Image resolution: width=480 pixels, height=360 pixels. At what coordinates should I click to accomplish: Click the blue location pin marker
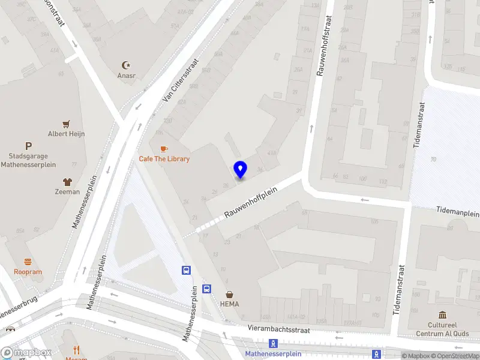[x=240, y=170]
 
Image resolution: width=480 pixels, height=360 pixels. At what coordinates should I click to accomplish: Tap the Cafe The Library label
[x=164, y=159]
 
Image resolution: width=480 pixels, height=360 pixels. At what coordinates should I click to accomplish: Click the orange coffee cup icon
[x=163, y=148]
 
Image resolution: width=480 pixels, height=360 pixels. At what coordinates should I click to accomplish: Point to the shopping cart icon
[x=66, y=124]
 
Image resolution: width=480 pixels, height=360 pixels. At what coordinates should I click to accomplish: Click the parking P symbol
[x=28, y=146]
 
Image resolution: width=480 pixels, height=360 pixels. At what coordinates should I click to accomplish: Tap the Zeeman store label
[x=67, y=192]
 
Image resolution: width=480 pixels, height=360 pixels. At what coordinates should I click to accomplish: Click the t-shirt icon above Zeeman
[x=67, y=181]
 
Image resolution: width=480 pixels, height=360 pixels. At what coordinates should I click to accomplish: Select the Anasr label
[x=126, y=76]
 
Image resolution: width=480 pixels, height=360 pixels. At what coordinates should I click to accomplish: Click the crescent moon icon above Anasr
[x=126, y=65]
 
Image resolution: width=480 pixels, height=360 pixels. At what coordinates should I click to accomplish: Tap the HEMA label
[x=229, y=304]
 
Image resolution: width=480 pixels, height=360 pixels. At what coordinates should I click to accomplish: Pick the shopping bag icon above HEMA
[x=229, y=294]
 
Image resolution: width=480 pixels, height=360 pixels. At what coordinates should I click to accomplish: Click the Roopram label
[x=28, y=272]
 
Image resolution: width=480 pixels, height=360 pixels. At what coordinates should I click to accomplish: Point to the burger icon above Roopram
[x=28, y=262]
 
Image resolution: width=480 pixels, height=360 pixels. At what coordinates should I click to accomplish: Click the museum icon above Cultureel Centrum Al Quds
[x=443, y=316]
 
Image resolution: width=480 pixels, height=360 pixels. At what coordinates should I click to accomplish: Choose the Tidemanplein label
[x=458, y=212]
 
